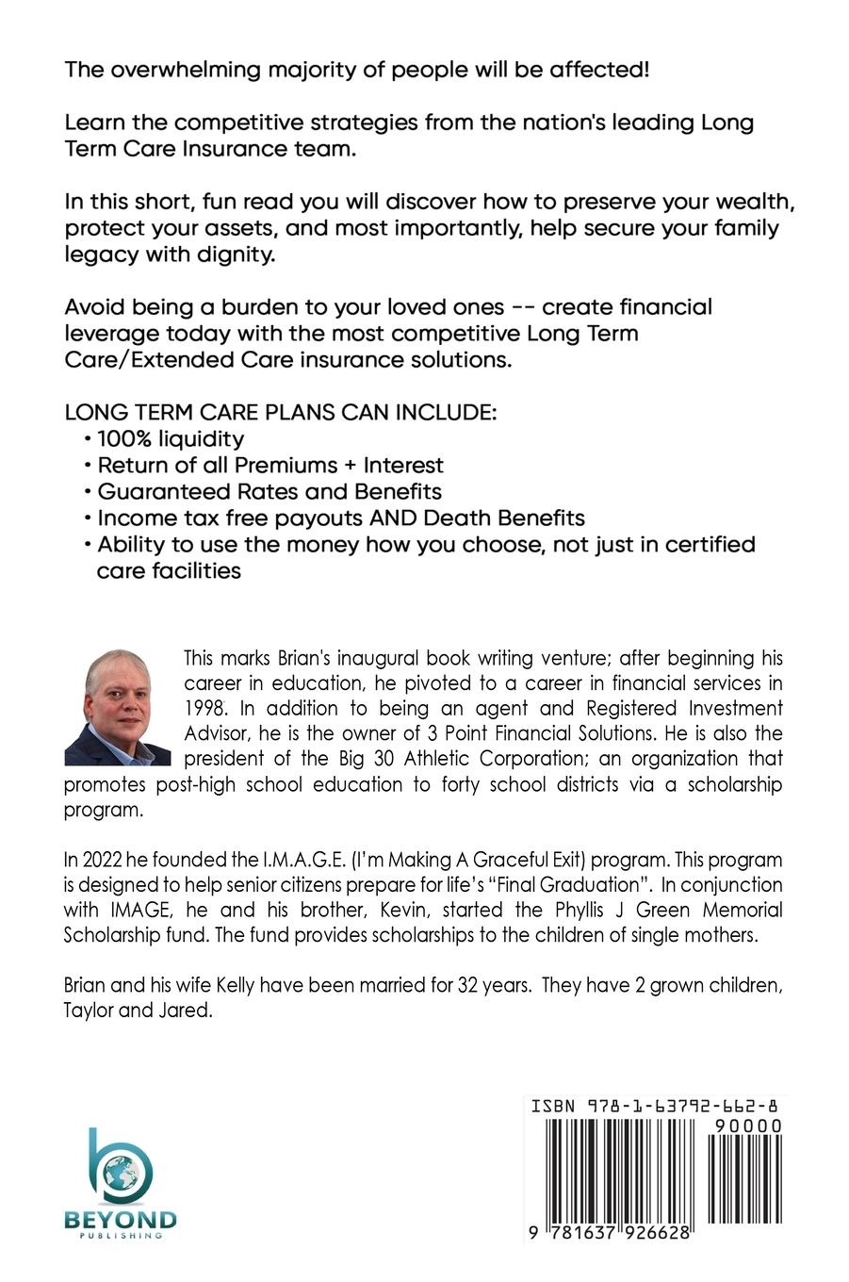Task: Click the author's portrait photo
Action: coord(117,706)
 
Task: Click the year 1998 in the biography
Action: coord(206,707)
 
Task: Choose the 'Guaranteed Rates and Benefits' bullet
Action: coord(269,491)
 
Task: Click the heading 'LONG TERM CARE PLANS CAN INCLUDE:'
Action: coord(280,413)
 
